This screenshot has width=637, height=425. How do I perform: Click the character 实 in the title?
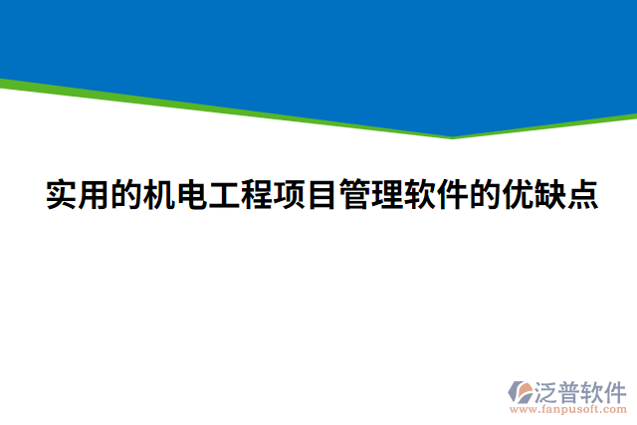pyautogui.click(x=61, y=194)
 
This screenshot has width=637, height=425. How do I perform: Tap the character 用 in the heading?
pyautogui.click(x=94, y=194)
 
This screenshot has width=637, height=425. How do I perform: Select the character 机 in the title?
pyautogui.click(x=159, y=194)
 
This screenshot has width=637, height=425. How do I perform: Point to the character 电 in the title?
pyautogui.click(x=192, y=194)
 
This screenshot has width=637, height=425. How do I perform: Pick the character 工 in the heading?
pyautogui.click(x=225, y=194)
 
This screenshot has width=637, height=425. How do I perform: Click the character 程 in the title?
pyautogui.click(x=258, y=194)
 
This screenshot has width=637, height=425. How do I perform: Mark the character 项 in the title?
pyautogui.click(x=290, y=194)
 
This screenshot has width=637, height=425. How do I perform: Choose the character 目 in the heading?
pyautogui.click(x=321, y=194)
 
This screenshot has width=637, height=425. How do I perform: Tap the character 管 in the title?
pyautogui.click(x=354, y=194)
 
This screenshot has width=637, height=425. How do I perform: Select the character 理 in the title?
pyautogui.click(x=387, y=194)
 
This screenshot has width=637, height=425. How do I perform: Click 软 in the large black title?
pyautogui.click(x=420, y=194)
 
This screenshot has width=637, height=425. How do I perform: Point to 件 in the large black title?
pyautogui.click(x=453, y=194)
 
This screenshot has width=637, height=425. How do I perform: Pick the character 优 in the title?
pyautogui.click(x=518, y=194)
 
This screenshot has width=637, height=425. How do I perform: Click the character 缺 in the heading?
pyautogui.click(x=550, y=194)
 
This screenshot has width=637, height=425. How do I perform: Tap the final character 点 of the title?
pyautogui.click(x=583, y=194)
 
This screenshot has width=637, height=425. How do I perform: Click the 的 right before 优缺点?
pyautogui.click(x=485, y=194)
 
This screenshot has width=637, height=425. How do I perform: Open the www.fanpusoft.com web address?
pyautogui.click(x=567, y=409)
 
